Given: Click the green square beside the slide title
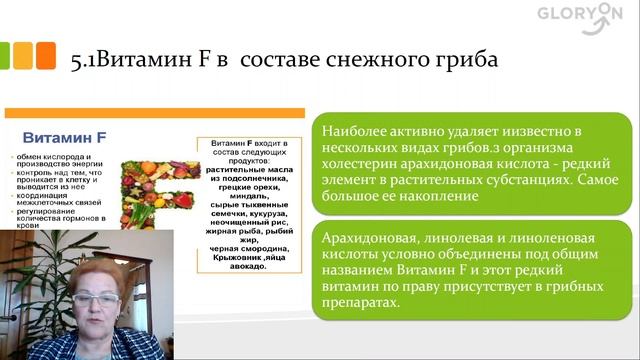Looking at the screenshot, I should [x=18, y=53].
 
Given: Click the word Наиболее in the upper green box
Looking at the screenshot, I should [x=356, y=131].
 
